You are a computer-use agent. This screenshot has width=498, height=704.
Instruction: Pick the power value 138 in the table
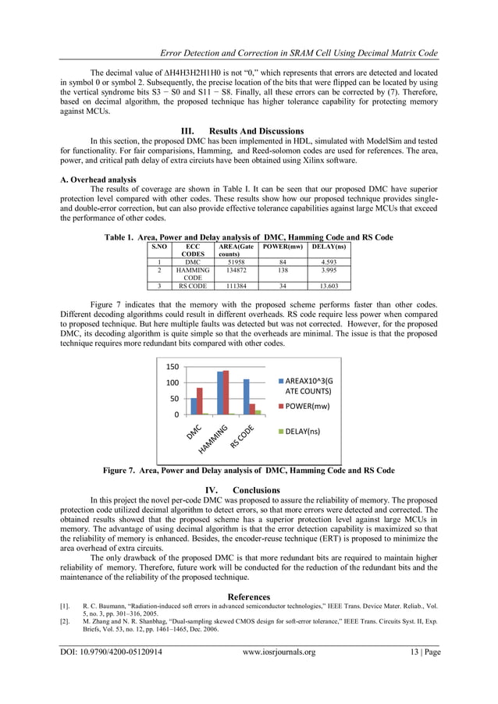282,270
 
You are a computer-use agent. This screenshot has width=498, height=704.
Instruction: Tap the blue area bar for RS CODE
247,396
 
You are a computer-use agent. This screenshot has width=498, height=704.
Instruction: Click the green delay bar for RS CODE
258,411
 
